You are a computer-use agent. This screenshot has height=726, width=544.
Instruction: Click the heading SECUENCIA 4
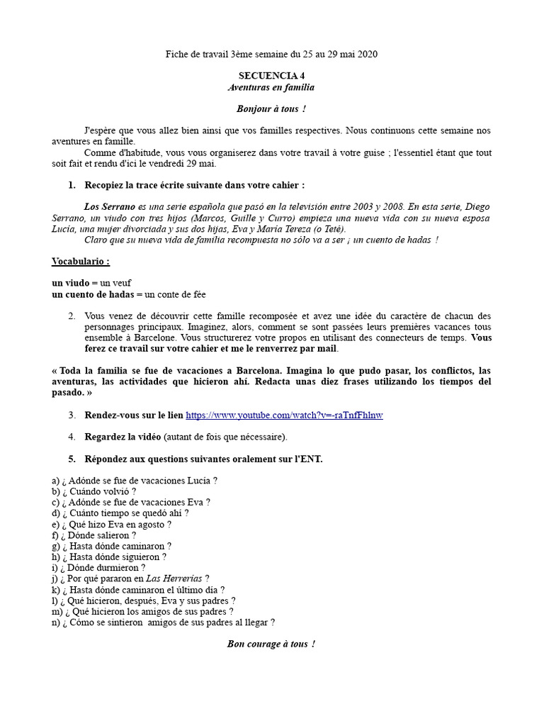pos(271,75)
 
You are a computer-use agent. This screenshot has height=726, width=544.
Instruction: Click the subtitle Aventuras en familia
pos(271,87)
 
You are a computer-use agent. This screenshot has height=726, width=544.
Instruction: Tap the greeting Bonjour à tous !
pos(271,109)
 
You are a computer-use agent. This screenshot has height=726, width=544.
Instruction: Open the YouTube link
pos(284,415)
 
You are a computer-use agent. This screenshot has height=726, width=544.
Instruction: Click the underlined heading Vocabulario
pos(81,262)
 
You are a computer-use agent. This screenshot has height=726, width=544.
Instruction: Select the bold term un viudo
pos(71,283)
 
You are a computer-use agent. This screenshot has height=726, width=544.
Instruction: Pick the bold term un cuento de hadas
pos(93,294)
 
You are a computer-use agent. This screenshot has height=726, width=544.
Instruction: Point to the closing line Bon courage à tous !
pos(271,644)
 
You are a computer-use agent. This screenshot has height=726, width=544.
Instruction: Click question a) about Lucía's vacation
pos(135,480)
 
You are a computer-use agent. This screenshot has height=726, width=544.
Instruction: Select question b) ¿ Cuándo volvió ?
pos(93,491)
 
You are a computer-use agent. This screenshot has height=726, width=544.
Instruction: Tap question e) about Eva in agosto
pos(111,525)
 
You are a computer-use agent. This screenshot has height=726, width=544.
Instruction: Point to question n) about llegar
pos(163,622)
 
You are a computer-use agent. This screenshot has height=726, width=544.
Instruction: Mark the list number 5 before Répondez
pos(72,459)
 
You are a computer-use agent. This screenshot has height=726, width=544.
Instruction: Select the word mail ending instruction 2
pos(327,349)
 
